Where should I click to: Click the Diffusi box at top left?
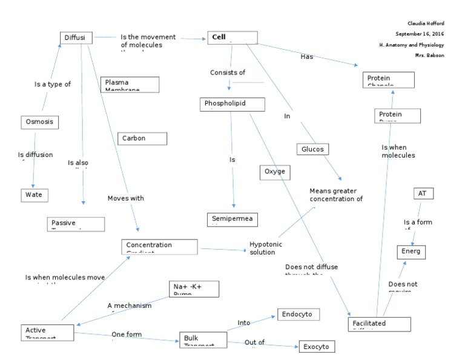point(76,38)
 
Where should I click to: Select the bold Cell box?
point(232,38)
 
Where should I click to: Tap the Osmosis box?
point(40,122)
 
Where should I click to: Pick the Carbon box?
point(142,138)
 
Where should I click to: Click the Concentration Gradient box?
point(160,246)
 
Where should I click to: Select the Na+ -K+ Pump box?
point(193,288)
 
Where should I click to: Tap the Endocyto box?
point(298,314)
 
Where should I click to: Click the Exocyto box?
point(315,346)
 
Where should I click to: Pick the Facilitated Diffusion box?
point(376,324)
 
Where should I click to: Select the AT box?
point(423,193)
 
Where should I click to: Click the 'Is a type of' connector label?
point(53,84)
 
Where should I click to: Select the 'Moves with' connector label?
point(125,198)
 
